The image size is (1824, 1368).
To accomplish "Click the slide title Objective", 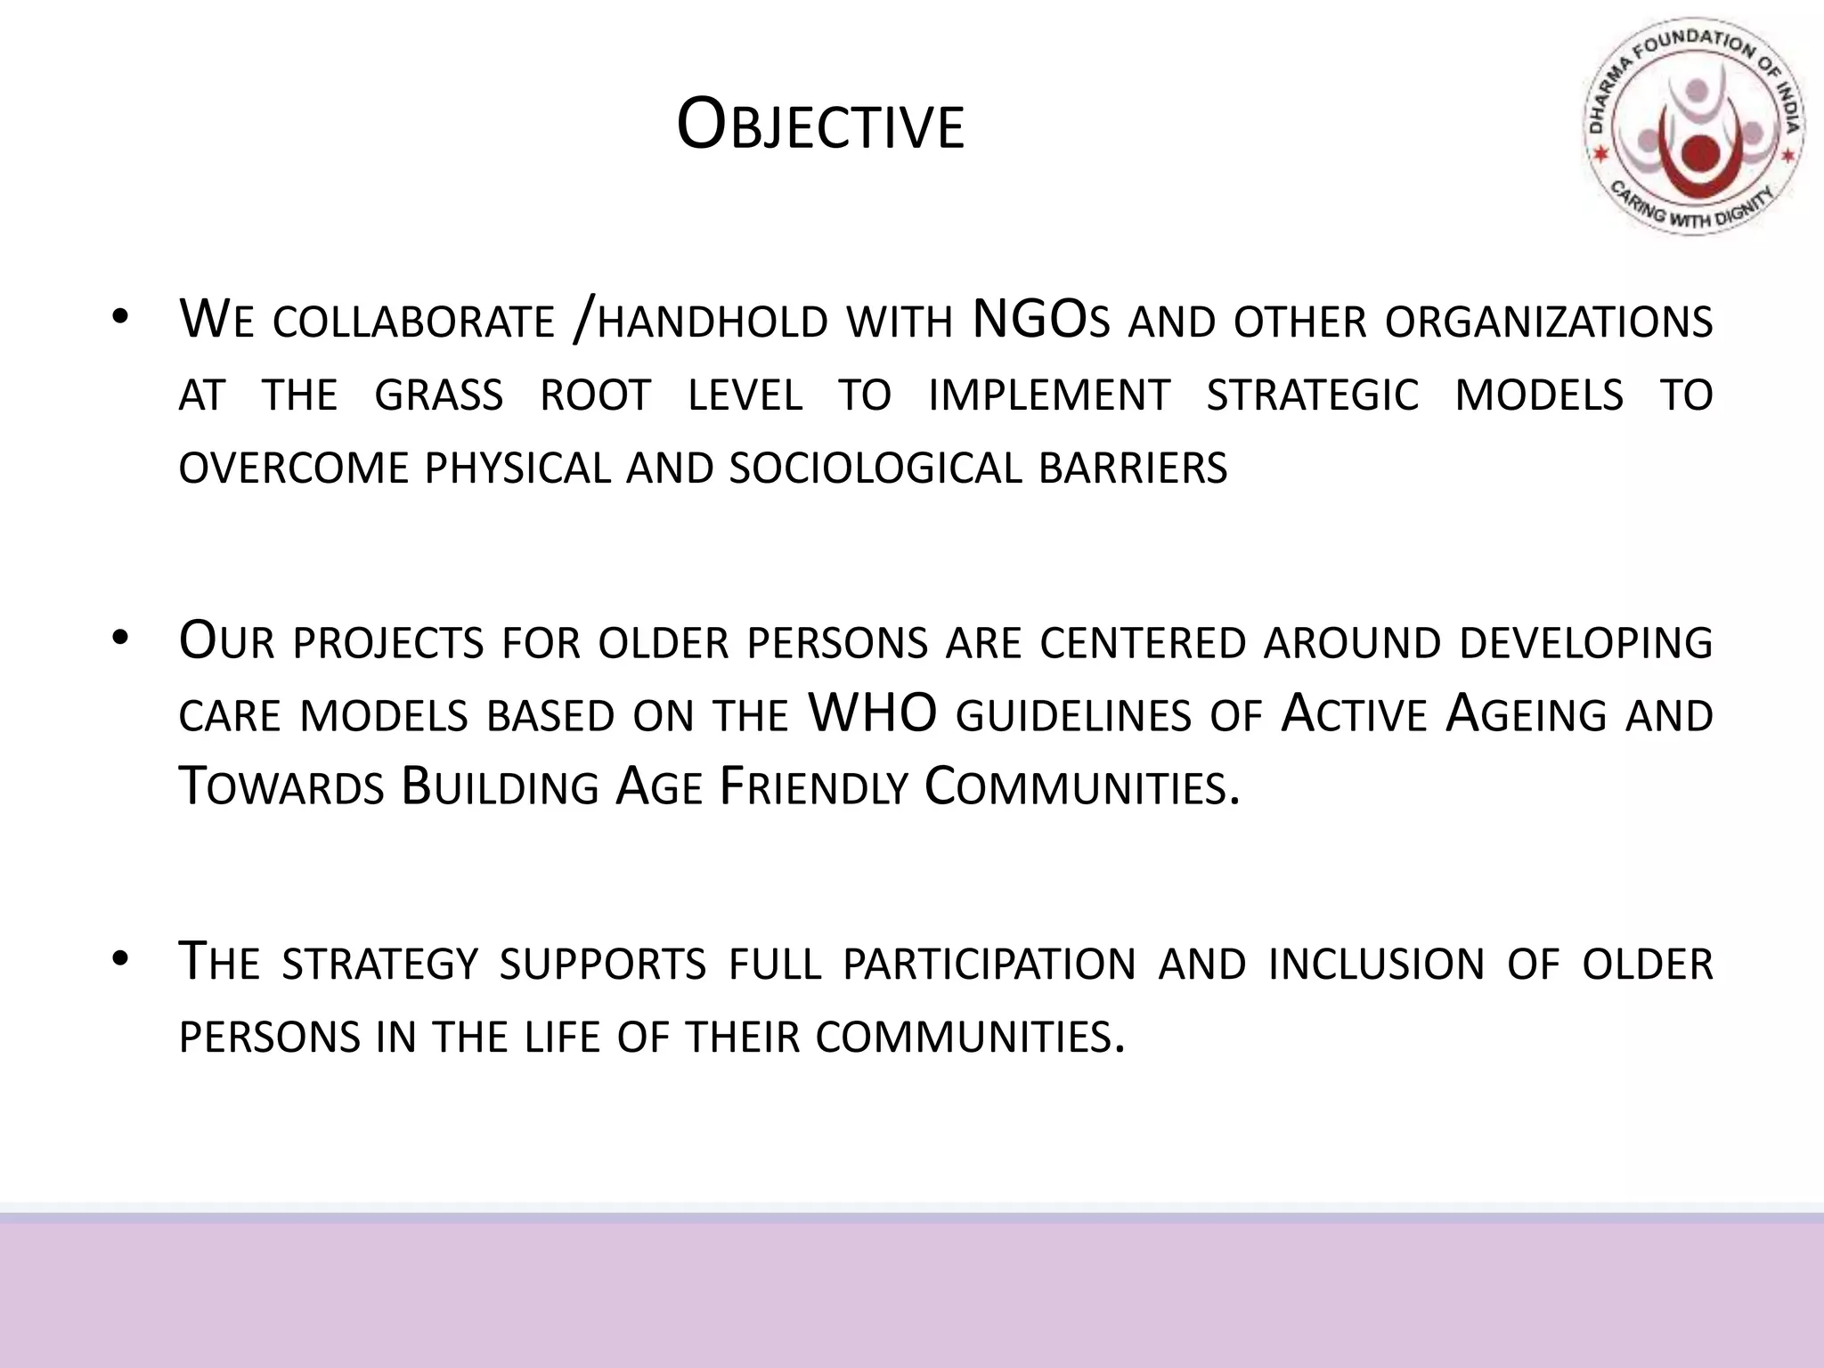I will point(820,126).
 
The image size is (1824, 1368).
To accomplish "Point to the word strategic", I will point(1312,395).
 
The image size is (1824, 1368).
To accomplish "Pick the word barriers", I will point(1133,468).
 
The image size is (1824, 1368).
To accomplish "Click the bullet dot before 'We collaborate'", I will point(121,317).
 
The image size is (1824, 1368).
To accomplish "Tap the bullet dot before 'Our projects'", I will point(121,638).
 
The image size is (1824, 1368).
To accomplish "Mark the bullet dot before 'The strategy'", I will point(121,959).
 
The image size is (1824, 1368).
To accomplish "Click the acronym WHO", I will point(872,713).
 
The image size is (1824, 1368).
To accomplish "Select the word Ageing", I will point(1525,713).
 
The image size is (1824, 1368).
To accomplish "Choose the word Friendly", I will point(812,786).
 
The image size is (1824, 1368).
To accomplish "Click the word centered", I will point(1142,642).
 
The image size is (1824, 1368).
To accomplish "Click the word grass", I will point(438,395).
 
